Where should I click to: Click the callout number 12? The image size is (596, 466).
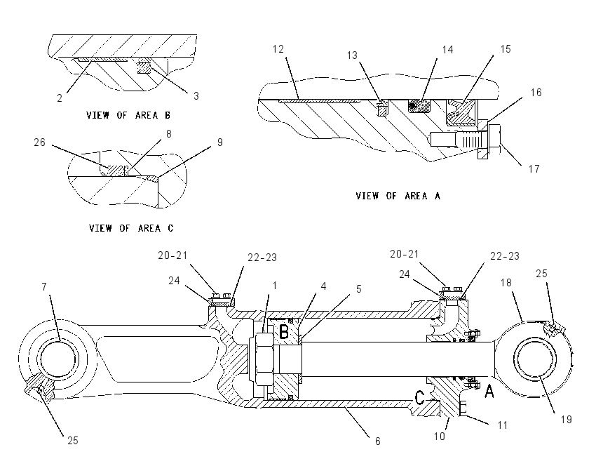click(x=278, y=49)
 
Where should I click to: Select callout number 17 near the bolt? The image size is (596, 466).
click(x=534, y=169)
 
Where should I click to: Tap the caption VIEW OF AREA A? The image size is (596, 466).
click(x=398, y=196)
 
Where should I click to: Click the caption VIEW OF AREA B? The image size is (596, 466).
click(x=128, y=115)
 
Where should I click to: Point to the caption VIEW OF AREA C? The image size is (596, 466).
click(x=131, y=228)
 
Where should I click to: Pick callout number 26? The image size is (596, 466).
click(x=39, y=142)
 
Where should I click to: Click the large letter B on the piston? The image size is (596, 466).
click(x=284, y=332)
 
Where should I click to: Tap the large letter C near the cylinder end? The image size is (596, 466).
click(x=419, y=397)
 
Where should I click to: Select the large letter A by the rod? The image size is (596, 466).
click(x=489, y=391)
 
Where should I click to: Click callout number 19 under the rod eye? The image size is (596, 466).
click(x=567, y=420)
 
